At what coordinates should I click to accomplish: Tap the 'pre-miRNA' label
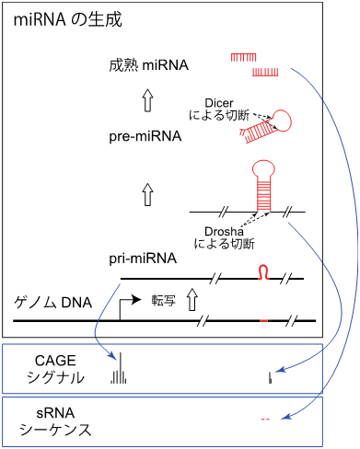coord(144,137)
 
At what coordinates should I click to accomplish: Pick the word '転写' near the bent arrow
coord(163,300)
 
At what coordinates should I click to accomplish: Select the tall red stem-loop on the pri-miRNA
coord(265,189)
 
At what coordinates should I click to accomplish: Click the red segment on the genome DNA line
coord(264,320)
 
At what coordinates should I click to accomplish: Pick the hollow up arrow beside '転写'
coord(192,300)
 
